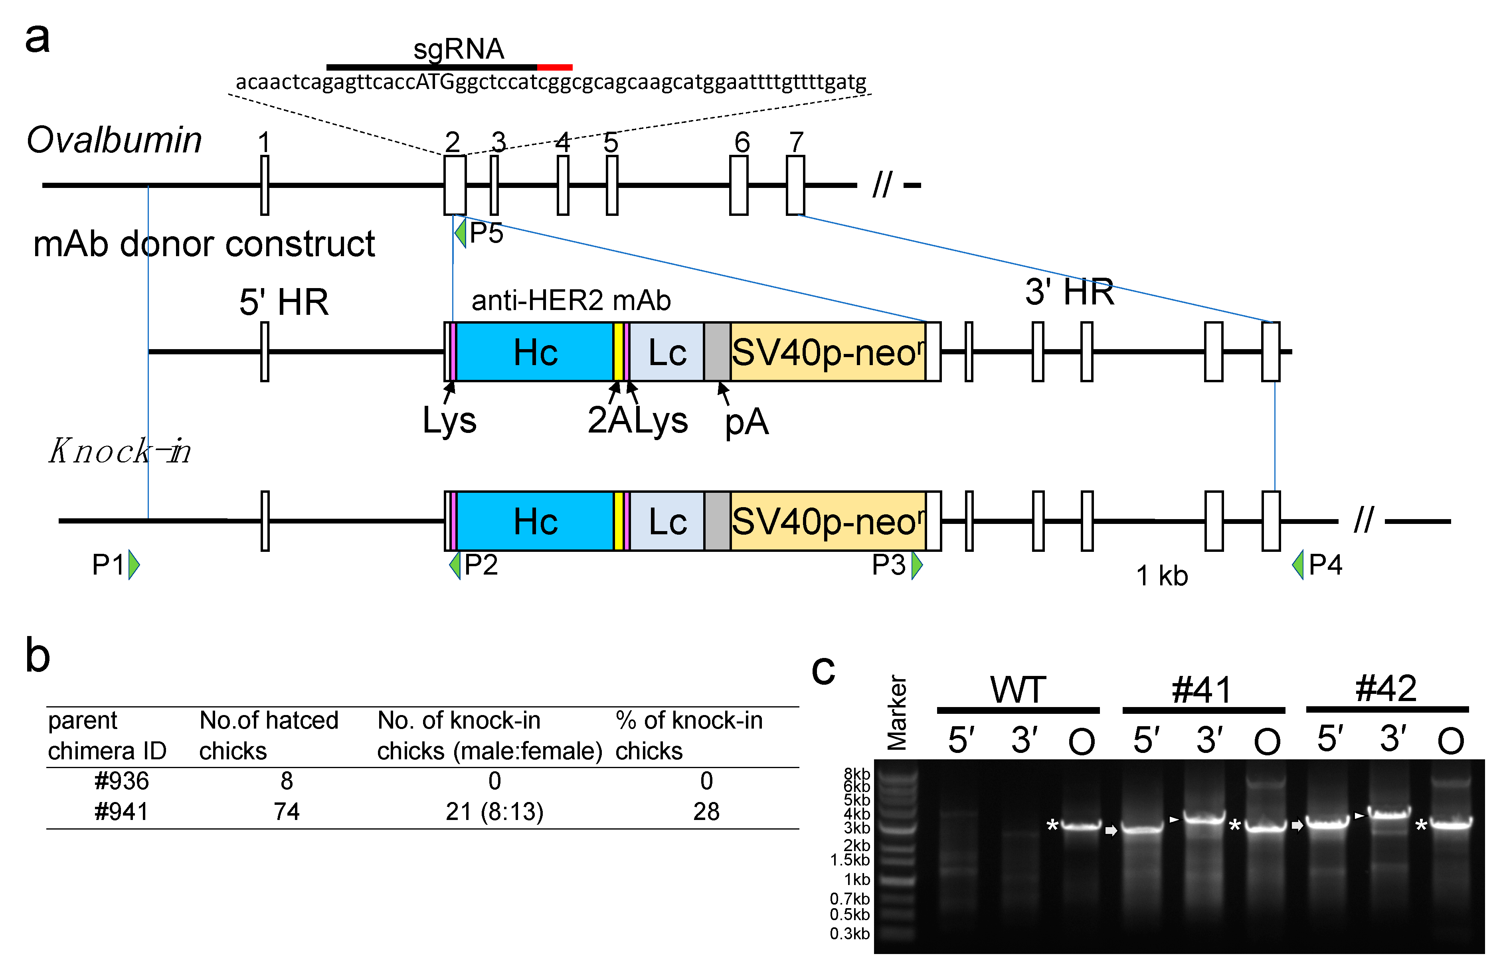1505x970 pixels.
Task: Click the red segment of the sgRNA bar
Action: click(x=554, y=67)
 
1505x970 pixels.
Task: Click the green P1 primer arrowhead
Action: click(x=134, y=564)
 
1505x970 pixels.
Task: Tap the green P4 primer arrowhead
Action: click(x=1298, y=564)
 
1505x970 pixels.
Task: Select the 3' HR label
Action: click(x=1069, y=292)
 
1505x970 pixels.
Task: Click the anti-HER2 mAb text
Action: click(x=571, y=300)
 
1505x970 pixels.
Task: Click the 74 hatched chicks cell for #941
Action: click(x=287, y=811)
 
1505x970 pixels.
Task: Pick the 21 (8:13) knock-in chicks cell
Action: click(x=494, y=811)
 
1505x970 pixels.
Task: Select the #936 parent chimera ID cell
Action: click(x=122, y=781)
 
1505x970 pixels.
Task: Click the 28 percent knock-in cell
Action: click(x=706, y=811)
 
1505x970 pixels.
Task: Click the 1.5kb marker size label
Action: click(x=849, y=860)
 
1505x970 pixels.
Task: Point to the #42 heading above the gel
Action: click(x=1386, y=688)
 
